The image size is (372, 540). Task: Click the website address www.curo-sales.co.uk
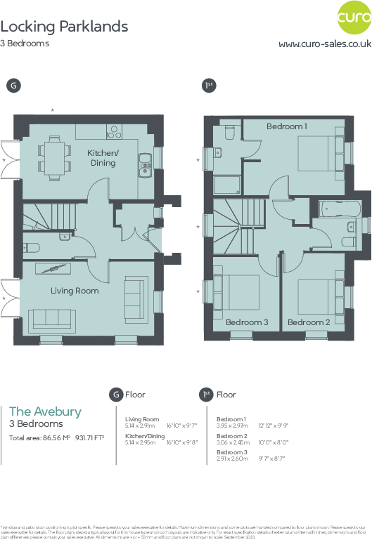pos(325,44)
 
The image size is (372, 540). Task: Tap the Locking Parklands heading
pos(64,27)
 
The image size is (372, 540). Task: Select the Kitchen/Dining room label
pos(103,158)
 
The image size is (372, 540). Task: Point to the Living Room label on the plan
pos(75,290)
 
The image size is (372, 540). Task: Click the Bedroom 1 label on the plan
pos(286,126)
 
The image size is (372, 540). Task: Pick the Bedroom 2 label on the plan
pos(309,322)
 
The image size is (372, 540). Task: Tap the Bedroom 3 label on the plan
pos(247,322)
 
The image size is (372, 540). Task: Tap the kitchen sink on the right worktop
pos(146,164)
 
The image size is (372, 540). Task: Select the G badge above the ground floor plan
pos(13,85)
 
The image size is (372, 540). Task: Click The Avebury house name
pos(45,411)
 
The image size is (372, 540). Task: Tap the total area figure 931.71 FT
pos(84,438)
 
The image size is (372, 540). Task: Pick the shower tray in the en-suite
pos(227,185)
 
